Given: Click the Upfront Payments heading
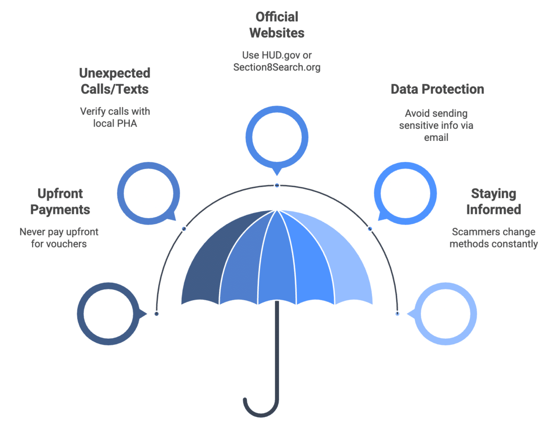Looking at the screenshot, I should click(x=60, y=201).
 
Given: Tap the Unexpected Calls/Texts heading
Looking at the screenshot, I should click(x=114, y=81).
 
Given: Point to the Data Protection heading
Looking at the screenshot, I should click(x=437, y=89).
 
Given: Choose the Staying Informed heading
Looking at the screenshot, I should click(x=494, y=201).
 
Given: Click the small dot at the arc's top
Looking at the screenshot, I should click(x=277, y=185).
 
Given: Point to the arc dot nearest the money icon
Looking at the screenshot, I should click(x=157, y=314).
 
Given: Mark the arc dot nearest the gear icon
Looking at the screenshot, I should click(x=397, y=314).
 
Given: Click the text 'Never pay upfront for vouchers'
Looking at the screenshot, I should click(x=59, y=238).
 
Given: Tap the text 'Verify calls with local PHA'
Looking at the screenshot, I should click(x=115, y=118).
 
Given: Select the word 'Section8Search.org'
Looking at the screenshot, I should click(x=277, y=67).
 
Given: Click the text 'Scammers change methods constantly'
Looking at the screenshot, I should click(x=493, y=238).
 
